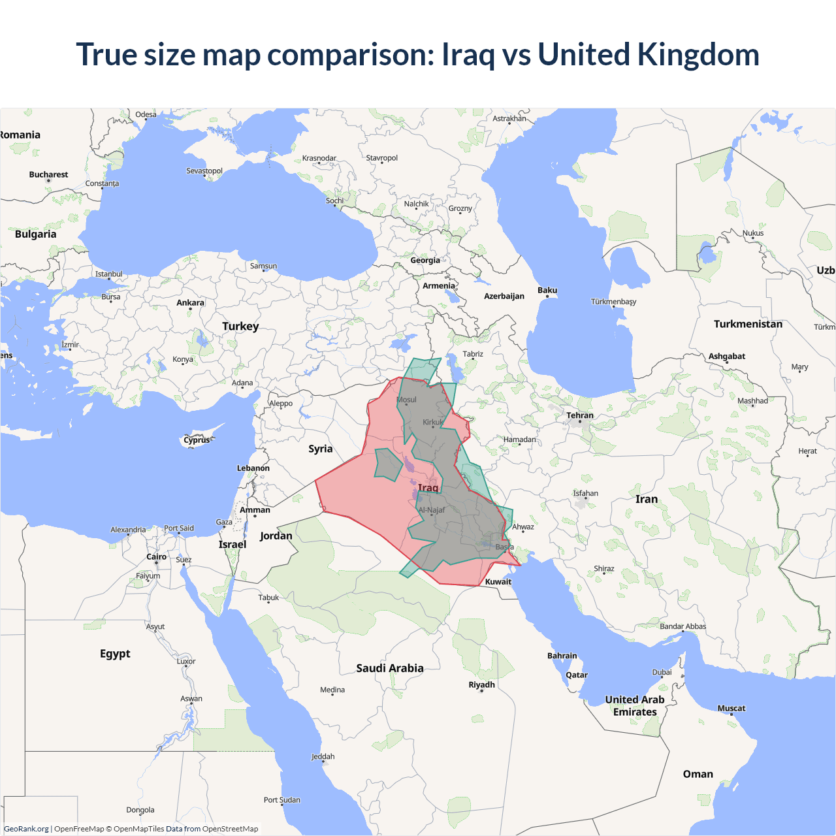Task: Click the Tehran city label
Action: (x=580, y=415)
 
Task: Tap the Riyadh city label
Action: (x=481, y=684)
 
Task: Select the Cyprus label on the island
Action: (x=197, y=440)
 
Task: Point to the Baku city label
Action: (x=547, y=290)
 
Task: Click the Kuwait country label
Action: (x=498, y=582)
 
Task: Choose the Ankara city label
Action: (x=190, y=302)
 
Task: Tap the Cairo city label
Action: (x=156, y=557)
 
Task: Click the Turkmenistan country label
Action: (x=748, y=324)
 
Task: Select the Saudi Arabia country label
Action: (x=390, y=668)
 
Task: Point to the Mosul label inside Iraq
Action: (x=406, y=400)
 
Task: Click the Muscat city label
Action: (x=731, y=708)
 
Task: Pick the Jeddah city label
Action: (x=323, y=756)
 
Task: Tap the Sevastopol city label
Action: (x=204, y=171)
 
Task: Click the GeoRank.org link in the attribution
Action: (x=26, y=829)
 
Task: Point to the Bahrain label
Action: (x=562, y=656)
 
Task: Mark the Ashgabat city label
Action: (x=726, y=357)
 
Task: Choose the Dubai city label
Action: (x=662, y=672)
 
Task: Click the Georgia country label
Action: (x=425, y=260)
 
